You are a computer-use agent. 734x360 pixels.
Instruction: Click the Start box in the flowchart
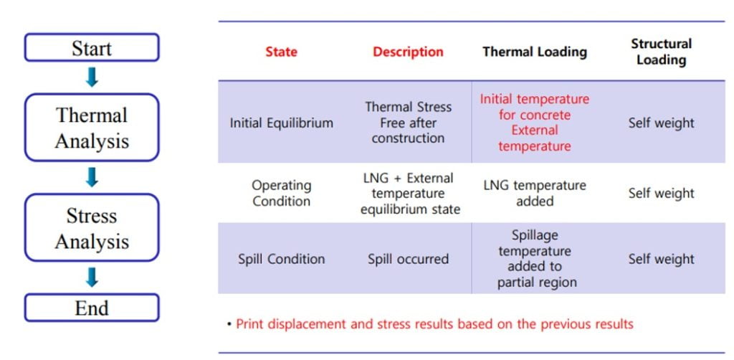[x=92, y=47]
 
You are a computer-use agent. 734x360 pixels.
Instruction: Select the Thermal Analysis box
[x=92, y=128]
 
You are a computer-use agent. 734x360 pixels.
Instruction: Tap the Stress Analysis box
[x=92, y=227]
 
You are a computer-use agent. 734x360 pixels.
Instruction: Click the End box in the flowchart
[x=92, y=308]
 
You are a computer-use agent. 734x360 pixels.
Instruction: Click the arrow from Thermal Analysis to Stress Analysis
[x=92, y=177]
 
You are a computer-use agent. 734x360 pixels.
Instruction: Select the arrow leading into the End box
[x=92, y=277]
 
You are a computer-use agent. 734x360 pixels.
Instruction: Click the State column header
[x=281, y=52]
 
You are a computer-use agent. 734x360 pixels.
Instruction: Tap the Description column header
[x=408, y=52]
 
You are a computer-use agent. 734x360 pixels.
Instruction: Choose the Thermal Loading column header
[x=535, y=52]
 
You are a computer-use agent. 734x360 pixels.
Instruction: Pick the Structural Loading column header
[x=661, y=52]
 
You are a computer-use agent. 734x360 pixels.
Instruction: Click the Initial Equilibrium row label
[x=281, y=123]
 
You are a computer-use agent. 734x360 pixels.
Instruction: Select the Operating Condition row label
[x=281, y=193]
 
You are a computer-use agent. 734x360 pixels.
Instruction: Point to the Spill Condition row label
[x=281, y=259]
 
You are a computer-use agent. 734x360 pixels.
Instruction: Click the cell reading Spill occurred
[x=408, y=259]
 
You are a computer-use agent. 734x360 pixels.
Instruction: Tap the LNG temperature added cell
[x=535, y=193]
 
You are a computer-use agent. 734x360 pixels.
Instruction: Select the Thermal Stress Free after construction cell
[x=408, y=123]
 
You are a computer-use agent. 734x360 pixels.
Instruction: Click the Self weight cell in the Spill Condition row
[x=661, y=259]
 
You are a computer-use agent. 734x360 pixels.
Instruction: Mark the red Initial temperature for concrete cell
[x=535, y=123]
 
